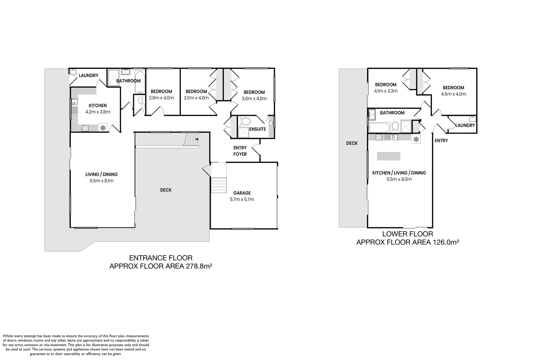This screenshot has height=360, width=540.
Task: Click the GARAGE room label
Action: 242,193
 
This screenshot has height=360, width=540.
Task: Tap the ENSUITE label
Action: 257,129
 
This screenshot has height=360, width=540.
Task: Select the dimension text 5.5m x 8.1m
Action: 101,181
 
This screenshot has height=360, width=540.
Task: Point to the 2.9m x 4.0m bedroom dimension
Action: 161,98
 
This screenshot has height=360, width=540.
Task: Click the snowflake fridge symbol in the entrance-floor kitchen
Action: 103,128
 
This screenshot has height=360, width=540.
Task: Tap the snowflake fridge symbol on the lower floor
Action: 416,139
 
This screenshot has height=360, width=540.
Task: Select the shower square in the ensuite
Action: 243,132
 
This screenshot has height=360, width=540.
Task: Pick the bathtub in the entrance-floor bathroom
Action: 140,82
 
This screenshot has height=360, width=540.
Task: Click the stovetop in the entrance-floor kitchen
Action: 85,128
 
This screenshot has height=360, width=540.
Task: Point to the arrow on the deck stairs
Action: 197,139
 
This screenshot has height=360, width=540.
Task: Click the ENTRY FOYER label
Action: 240,151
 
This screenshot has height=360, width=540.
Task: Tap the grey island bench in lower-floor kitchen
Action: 389,156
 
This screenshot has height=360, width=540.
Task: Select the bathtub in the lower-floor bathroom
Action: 379,127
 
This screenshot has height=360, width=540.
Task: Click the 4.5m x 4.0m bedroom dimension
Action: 454,94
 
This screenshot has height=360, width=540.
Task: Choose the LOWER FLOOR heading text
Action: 408,234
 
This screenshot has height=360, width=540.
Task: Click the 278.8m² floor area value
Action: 199,266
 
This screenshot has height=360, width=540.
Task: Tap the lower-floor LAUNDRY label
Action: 465,125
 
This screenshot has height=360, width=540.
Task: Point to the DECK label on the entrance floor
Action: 166,190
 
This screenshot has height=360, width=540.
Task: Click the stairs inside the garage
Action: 219,185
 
